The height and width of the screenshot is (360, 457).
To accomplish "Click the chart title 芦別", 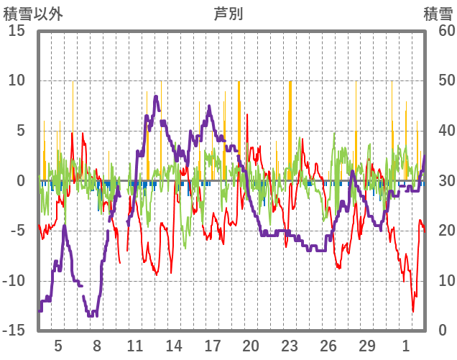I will point(228,13).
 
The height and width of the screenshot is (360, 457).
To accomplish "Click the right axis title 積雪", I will point(437,13).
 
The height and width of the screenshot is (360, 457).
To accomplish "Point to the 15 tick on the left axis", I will point(17,32).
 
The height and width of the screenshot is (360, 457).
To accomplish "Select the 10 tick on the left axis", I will point(17,81).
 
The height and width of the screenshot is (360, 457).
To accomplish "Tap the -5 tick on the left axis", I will point(17,231).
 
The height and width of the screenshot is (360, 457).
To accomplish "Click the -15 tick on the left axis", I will point(14,331).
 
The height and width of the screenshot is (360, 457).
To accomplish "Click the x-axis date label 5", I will point(58,345).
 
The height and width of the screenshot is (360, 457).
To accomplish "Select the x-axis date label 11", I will point(135,345).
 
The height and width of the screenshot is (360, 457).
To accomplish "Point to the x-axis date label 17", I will point(213,345).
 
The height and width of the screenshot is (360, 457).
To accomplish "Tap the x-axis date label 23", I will point(290,345).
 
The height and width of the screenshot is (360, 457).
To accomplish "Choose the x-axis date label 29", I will point(367,345).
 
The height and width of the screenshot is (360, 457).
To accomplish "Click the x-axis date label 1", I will point(406,345).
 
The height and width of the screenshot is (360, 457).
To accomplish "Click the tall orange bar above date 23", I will point(290,129).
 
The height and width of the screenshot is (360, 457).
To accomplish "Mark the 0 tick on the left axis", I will point(22,181).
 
